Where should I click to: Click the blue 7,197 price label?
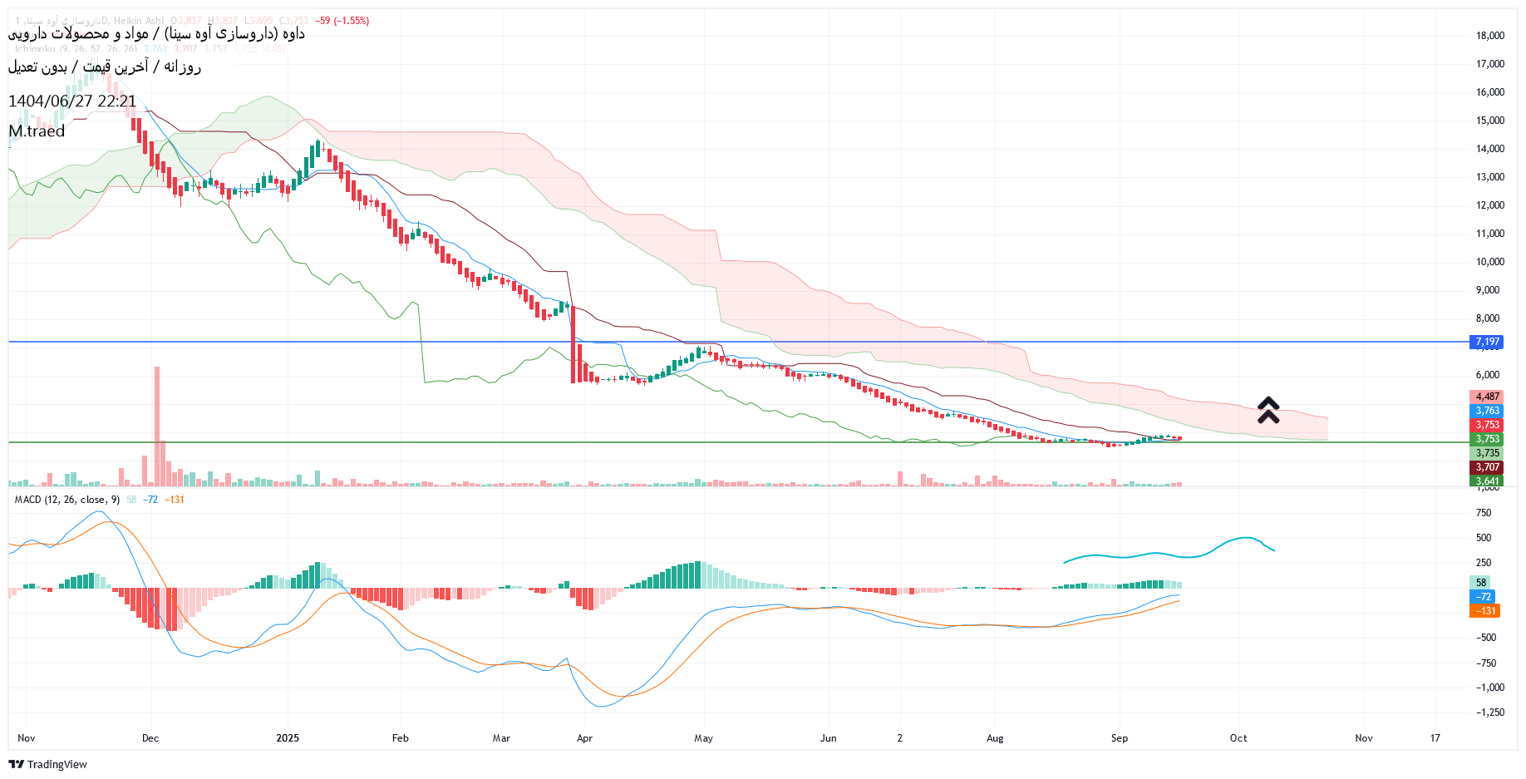click(1486, 342)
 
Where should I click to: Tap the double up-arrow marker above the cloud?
click(1268, 410)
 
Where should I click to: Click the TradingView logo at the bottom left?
click(47, 764)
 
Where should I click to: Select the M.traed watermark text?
click(37, 131)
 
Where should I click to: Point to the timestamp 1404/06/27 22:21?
click(72, 101)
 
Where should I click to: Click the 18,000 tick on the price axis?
click(1489, 36)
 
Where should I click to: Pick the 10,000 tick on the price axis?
click(1489, 262)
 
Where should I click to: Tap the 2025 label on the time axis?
click(288, 738)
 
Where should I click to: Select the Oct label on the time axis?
click(1238, 738)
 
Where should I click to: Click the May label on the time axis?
click(703, 738)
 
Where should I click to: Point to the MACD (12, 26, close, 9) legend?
click(67, 500)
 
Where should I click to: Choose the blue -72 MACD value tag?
click(1484, 597)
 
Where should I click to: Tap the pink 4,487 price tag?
click(1487, 397)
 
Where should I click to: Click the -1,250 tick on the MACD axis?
click(1489, 712)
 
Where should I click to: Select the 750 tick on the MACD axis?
click(1484, 513)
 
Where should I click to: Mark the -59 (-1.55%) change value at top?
click(342, 21)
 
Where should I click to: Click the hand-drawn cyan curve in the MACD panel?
click(1164, 555)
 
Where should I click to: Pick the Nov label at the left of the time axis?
click(27, 738)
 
